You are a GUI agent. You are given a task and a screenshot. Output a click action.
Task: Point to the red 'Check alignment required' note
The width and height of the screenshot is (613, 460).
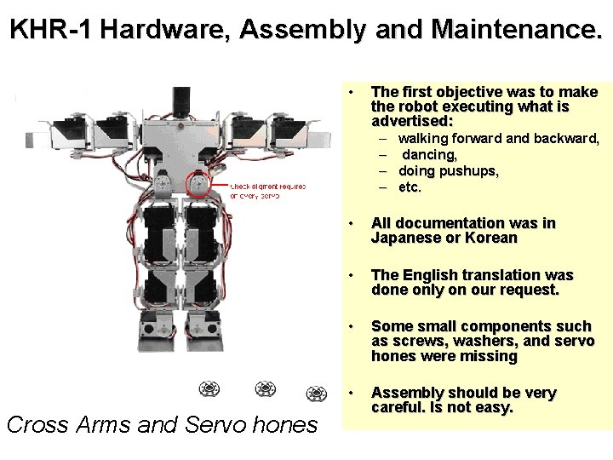[x=267, y=190]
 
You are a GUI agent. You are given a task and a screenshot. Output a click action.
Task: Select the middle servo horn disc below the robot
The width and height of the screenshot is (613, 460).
[x=265, y=390]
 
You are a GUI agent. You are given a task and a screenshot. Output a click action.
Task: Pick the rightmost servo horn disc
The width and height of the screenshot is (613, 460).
[x=318, y=393]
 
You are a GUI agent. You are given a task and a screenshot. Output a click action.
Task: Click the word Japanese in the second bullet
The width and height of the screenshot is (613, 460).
[x=406, y=238]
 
